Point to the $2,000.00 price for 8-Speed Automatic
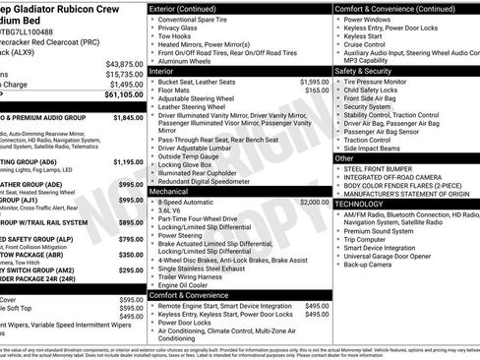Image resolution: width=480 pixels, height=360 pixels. (315, 201)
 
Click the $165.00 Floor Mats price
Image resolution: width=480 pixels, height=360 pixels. (317, 90)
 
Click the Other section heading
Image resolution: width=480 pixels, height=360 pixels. (345, 157)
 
